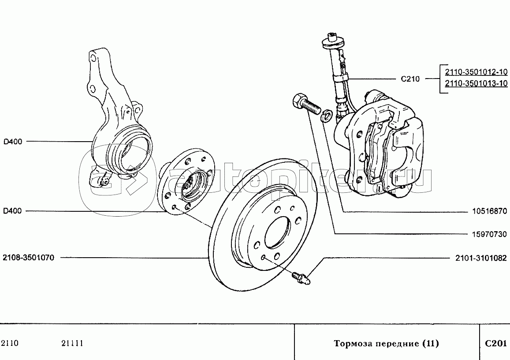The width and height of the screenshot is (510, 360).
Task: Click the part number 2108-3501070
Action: click(28, 258)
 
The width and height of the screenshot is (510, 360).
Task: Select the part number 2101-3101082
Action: click(481, 258)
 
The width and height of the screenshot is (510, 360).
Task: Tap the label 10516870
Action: click(490, 211)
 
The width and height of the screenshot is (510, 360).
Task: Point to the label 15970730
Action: click(490, 234)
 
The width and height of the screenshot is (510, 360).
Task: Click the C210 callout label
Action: click(410, 79)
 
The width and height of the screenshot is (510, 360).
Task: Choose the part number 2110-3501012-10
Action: click(476, 71)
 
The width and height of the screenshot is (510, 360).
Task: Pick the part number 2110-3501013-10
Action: click(476, 83)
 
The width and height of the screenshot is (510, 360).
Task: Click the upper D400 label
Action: click(13, 142)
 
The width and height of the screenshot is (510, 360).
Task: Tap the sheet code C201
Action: click(496, 343)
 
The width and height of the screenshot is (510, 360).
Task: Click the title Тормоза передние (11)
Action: click(387, 343)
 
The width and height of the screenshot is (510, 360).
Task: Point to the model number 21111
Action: click(72, 343)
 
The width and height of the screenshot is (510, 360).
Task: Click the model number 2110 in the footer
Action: click(10, 343)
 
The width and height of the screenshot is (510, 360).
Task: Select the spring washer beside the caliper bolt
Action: click(326, 115)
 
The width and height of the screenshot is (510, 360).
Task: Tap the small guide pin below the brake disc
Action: click(301, 277)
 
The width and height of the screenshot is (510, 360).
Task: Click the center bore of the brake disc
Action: click(277, 232)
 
